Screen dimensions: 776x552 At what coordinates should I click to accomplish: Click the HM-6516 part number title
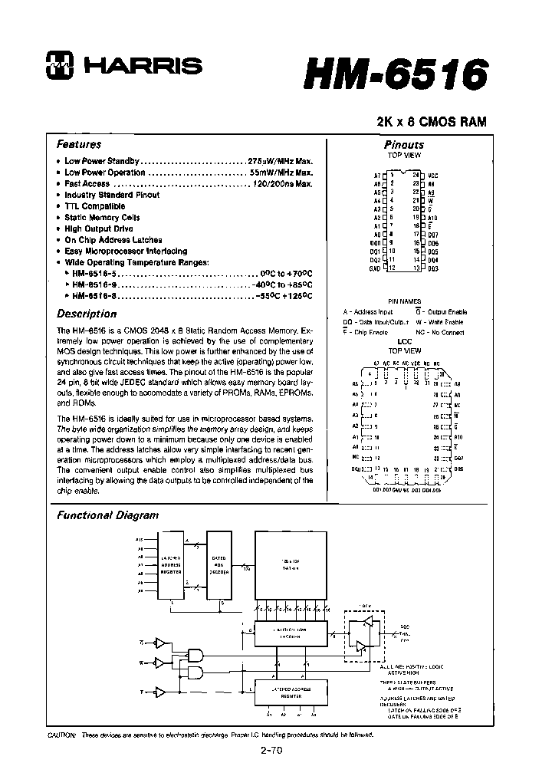[396, 75]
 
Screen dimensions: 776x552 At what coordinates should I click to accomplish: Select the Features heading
[79, 144]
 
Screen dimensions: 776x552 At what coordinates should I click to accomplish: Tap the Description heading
[87, 314]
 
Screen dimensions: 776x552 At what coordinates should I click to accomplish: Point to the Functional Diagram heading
[108, 515]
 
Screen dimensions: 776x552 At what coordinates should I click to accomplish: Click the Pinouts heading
[403, 144]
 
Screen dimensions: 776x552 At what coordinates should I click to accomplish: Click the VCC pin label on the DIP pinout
[433, 176]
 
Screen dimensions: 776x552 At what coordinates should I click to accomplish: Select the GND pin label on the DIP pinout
[374, 268]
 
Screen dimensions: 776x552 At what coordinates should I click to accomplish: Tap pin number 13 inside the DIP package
[414, 268]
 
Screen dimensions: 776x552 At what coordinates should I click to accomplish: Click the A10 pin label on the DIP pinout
[432, 218]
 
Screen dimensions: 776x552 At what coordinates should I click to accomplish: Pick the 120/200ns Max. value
[283, 184]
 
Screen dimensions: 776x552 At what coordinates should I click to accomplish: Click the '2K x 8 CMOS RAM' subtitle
[431, 122]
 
